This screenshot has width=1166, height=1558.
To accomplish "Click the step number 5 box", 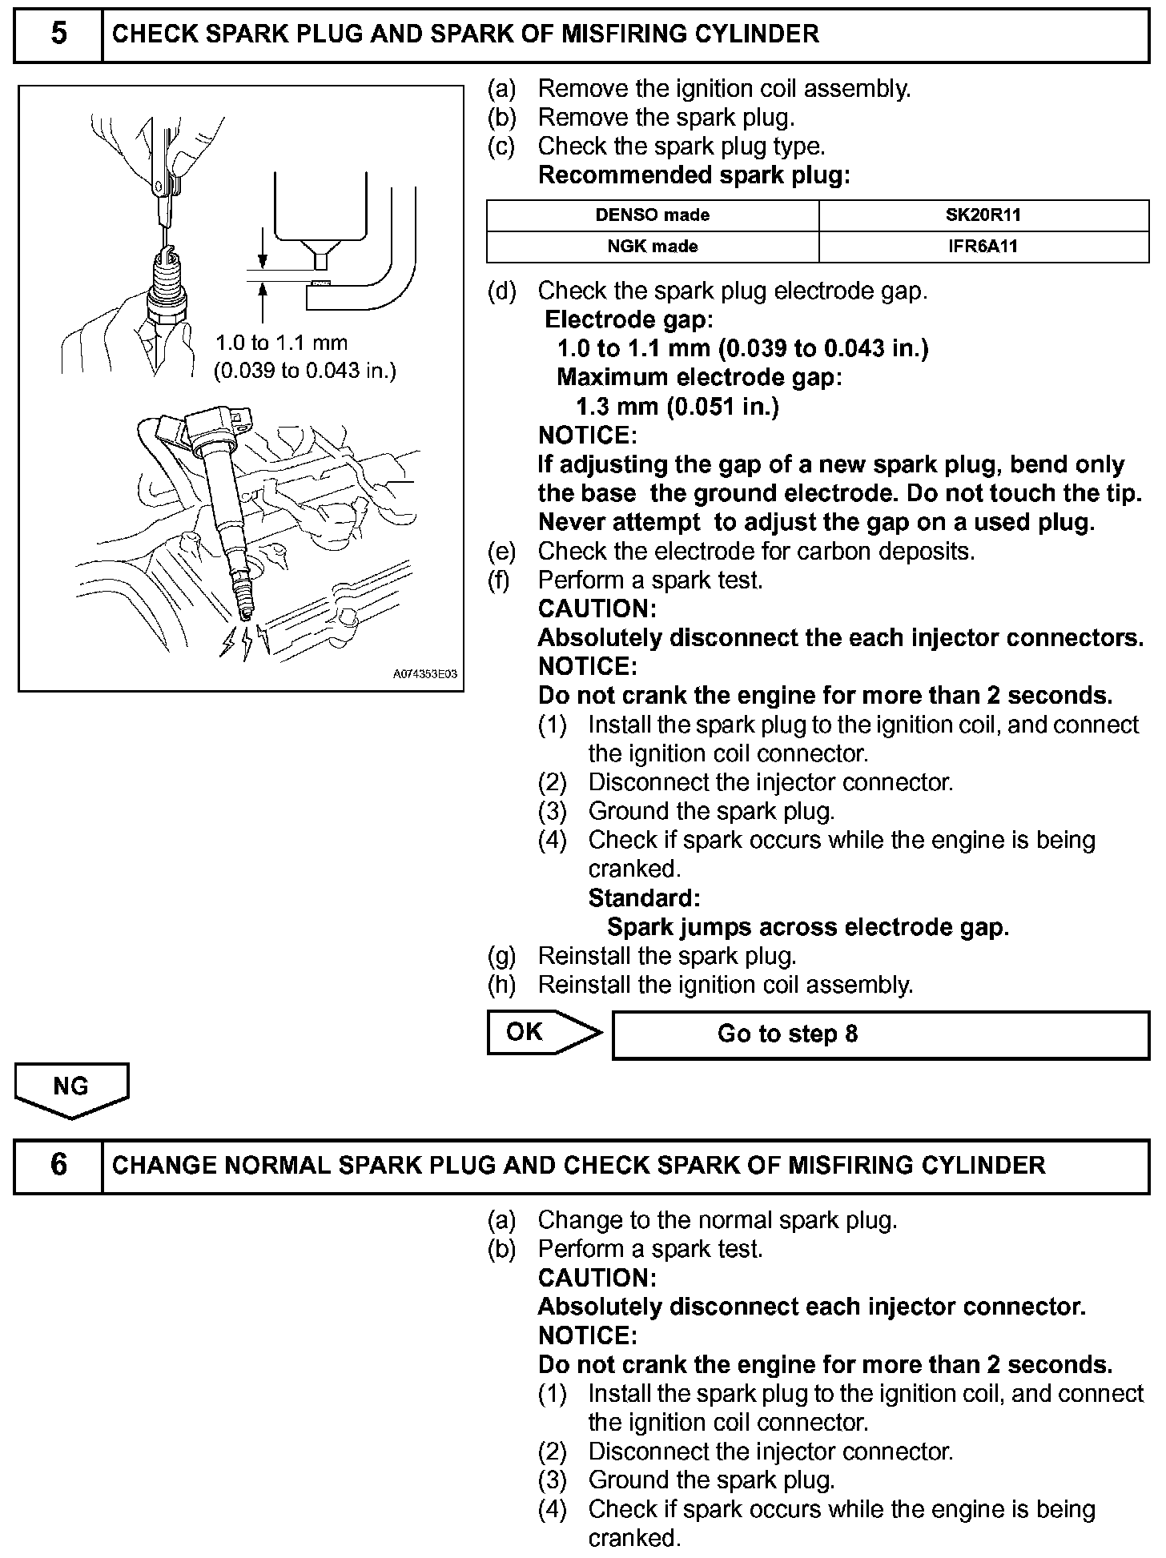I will pos(58,35).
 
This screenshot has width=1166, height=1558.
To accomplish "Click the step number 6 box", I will pos(58,1166).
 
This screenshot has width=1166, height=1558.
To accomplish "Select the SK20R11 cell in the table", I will pos(983,215).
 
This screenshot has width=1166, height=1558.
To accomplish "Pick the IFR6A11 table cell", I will pos(983,246).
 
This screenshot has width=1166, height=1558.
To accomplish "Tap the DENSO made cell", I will pos(652,215).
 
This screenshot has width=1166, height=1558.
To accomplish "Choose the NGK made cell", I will pos(652,246).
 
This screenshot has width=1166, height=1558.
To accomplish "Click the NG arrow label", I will pos(70,1087).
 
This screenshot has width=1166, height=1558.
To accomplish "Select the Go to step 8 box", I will pos(881,1034).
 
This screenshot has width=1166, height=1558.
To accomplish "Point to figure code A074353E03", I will pos(424,674).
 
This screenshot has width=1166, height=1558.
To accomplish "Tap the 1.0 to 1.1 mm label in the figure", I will pos(281,343).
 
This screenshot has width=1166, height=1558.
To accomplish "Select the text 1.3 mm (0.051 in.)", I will pos(677,407).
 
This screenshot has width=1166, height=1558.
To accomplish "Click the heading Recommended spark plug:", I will pos(694,175).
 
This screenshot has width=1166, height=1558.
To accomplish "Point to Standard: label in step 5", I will pos(644,898).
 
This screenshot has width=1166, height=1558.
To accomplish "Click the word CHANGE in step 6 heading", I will pos(163,1166).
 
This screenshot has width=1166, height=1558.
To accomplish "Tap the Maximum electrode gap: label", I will pos(699,377).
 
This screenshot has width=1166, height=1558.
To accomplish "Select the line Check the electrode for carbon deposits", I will pos(756,552).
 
